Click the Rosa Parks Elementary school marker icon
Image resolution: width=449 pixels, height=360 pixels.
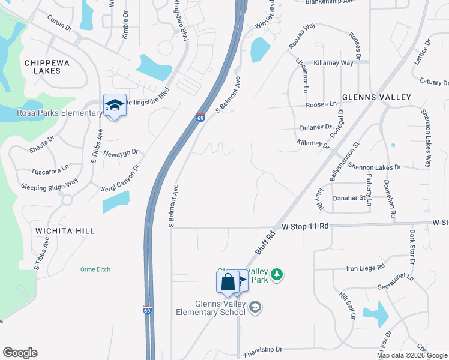tap(115, 106)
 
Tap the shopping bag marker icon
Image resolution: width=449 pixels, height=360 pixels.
tap(228, 281)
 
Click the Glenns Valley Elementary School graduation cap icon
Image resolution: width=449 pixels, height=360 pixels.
tap(255, 307)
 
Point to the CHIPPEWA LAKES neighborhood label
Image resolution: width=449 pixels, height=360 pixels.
tap(43, 66)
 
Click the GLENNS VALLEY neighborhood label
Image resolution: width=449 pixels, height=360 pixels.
tap(376, 97)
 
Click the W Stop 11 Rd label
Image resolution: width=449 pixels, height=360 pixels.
tap(306, 226)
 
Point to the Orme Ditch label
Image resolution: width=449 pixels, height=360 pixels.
tap(95, 269)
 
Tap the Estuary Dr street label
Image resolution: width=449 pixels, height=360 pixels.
tap(430, 82)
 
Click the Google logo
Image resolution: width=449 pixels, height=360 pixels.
tap(20, 353)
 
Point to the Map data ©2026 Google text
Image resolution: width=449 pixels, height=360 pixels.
tap(412, 355)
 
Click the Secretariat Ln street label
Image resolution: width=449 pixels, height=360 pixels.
tap(393, 278)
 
